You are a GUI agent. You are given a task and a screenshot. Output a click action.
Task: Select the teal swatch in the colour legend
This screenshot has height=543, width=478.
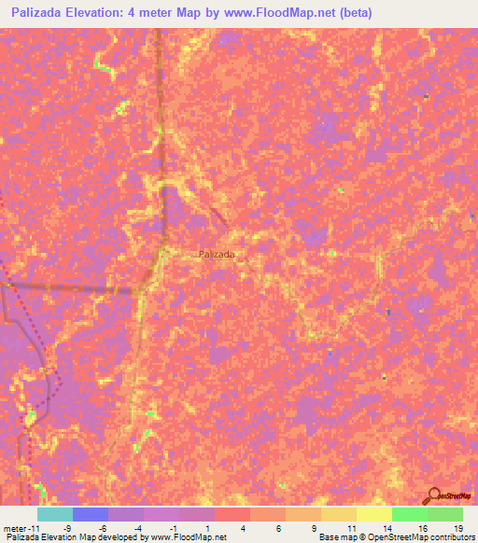(x=55, y=514)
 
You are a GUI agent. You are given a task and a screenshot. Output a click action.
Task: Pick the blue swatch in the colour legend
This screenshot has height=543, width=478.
(x=91, y=514)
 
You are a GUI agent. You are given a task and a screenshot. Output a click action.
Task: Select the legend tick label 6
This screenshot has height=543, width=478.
(x=285, y=527)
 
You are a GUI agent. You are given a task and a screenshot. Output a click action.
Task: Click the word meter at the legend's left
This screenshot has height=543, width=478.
(x=14, y=527)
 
